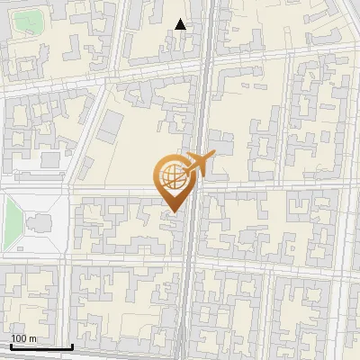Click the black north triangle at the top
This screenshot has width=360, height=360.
click(181, 24)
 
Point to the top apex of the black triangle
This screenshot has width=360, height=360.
click(181, 19)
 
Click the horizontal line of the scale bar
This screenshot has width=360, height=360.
click(41, 347)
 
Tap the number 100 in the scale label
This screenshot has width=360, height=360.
click(19, 339)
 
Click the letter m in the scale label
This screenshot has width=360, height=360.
click(32, 339)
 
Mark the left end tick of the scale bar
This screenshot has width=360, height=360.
click(11, 346)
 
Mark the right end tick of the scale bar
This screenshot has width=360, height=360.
click(72, 346)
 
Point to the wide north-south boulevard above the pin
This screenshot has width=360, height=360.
click(202, 90)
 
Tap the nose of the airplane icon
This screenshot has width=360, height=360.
click(215, 154)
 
